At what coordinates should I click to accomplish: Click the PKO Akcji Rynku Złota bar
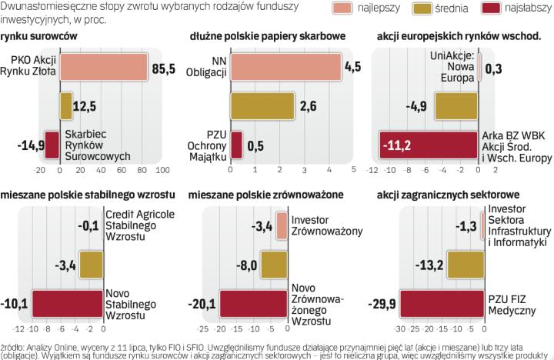click(x=105, y=66)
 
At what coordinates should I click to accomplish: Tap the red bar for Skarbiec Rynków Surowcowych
click(x=52, y=145)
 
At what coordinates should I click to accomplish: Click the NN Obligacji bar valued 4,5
click(x=285, y=66)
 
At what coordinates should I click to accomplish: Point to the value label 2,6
click(x=309, y=105)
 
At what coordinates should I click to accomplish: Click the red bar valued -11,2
click(x=429, y=145)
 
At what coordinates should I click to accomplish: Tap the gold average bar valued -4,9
click(x=457, y=105)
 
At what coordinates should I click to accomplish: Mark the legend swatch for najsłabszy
click(x=497, y=8)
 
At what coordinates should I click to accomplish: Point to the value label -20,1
click(x=202, y=303)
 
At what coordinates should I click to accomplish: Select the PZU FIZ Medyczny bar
click(x=442, y=303)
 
